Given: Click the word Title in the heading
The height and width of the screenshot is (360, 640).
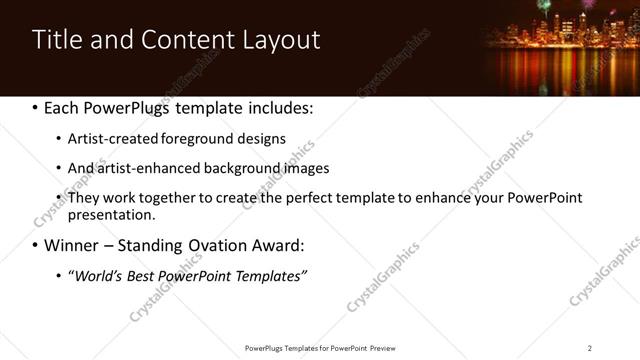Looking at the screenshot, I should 57,40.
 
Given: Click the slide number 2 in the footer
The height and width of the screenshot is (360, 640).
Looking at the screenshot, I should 590,347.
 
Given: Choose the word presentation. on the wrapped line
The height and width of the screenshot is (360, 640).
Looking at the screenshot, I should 111,215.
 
